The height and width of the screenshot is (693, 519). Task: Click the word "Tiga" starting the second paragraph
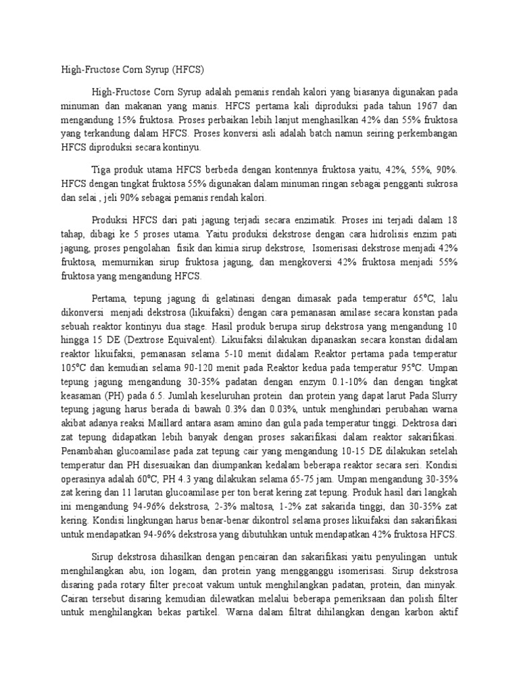[x=102, y=166]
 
